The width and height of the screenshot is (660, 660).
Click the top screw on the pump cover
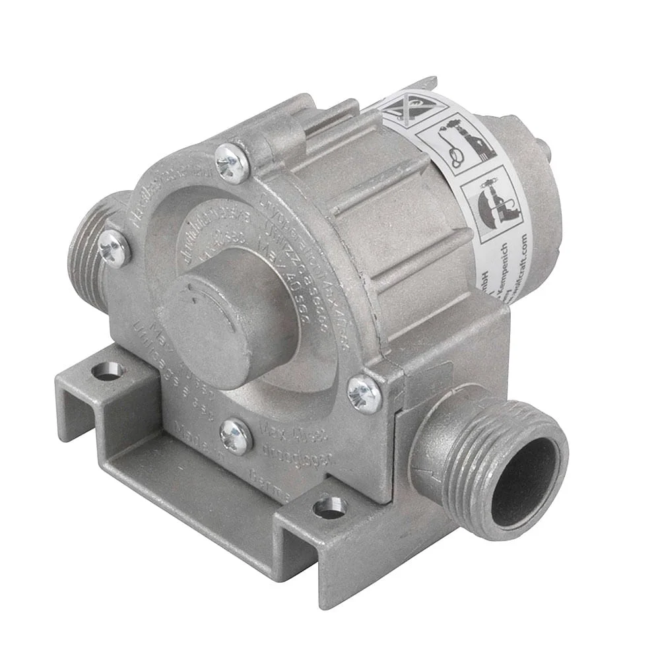tap(232, 163)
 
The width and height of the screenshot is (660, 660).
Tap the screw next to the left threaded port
tap(114, 248)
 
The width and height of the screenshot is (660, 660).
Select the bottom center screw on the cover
tap(236, 436)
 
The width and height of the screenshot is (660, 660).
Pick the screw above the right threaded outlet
tap(364, 394)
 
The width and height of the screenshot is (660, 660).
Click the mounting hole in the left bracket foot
tap(108, 372)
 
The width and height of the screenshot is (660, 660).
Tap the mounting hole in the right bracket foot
tap(330, 508)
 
